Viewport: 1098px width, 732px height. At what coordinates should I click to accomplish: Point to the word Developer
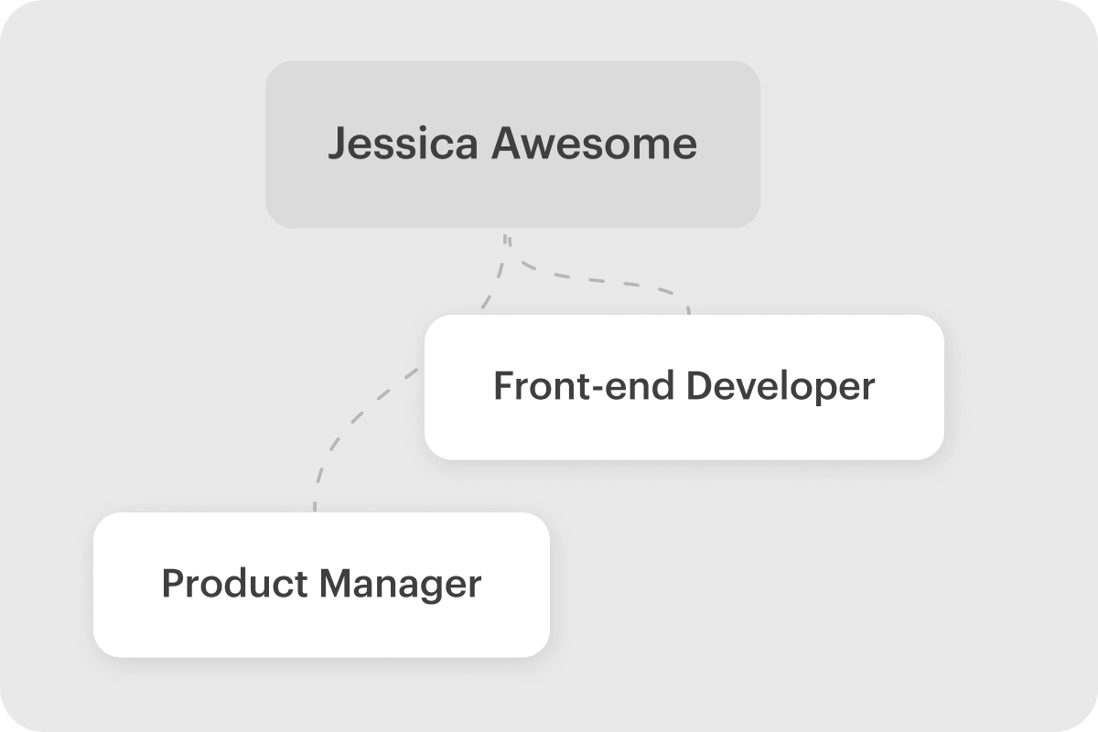click(780, 387)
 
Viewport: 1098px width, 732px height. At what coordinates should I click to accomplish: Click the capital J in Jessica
click(336, 145)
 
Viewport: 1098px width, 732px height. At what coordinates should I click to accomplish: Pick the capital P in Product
click(170, 584)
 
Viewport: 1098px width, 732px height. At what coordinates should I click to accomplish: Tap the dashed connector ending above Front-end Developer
click(622, 282)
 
